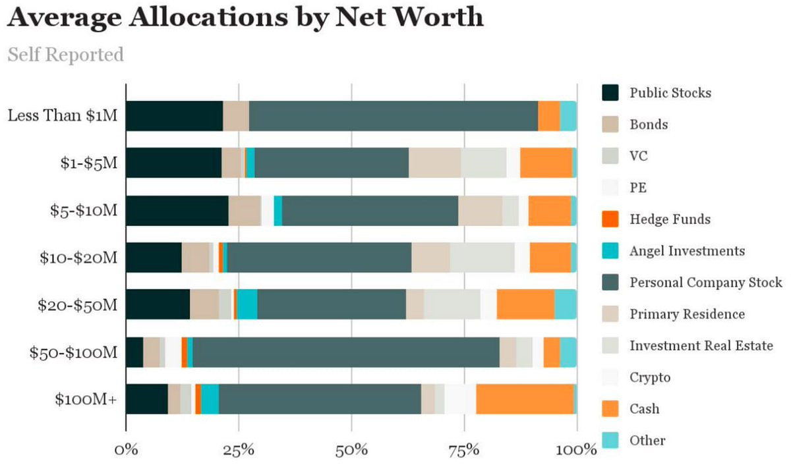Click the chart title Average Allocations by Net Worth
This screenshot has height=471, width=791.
coord(245,18)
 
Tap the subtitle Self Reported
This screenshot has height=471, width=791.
coord(65,54)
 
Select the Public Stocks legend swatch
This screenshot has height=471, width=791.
coord(611,93)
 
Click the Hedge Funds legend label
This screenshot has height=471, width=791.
coord(670,219)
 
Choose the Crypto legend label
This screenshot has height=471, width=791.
coord(650,377)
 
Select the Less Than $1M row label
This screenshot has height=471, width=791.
coord(63,116)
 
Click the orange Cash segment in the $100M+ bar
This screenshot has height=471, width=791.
coord(525,399)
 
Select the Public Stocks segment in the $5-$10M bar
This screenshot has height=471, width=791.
coord(177,211)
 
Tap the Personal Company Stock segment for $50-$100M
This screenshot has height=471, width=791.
coord(346,352)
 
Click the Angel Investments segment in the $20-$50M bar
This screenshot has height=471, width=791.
coord(247,305)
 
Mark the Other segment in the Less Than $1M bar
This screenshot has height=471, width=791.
coord(568,116)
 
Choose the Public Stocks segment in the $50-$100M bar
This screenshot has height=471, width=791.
coord(134,352)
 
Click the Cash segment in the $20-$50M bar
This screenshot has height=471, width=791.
coord(525,305)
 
